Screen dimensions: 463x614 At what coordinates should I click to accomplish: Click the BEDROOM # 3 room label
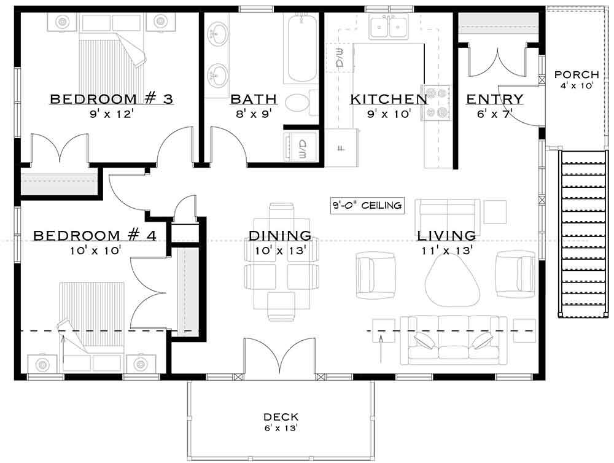pos(111,99)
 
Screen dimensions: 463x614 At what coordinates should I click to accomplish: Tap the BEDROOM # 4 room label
pos(95,236)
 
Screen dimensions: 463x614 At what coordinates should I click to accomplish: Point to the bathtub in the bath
pos(301,49)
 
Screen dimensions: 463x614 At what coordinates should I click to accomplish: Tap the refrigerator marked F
pos(341,147)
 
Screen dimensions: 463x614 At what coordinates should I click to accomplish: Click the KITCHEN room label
pos(388,99)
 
